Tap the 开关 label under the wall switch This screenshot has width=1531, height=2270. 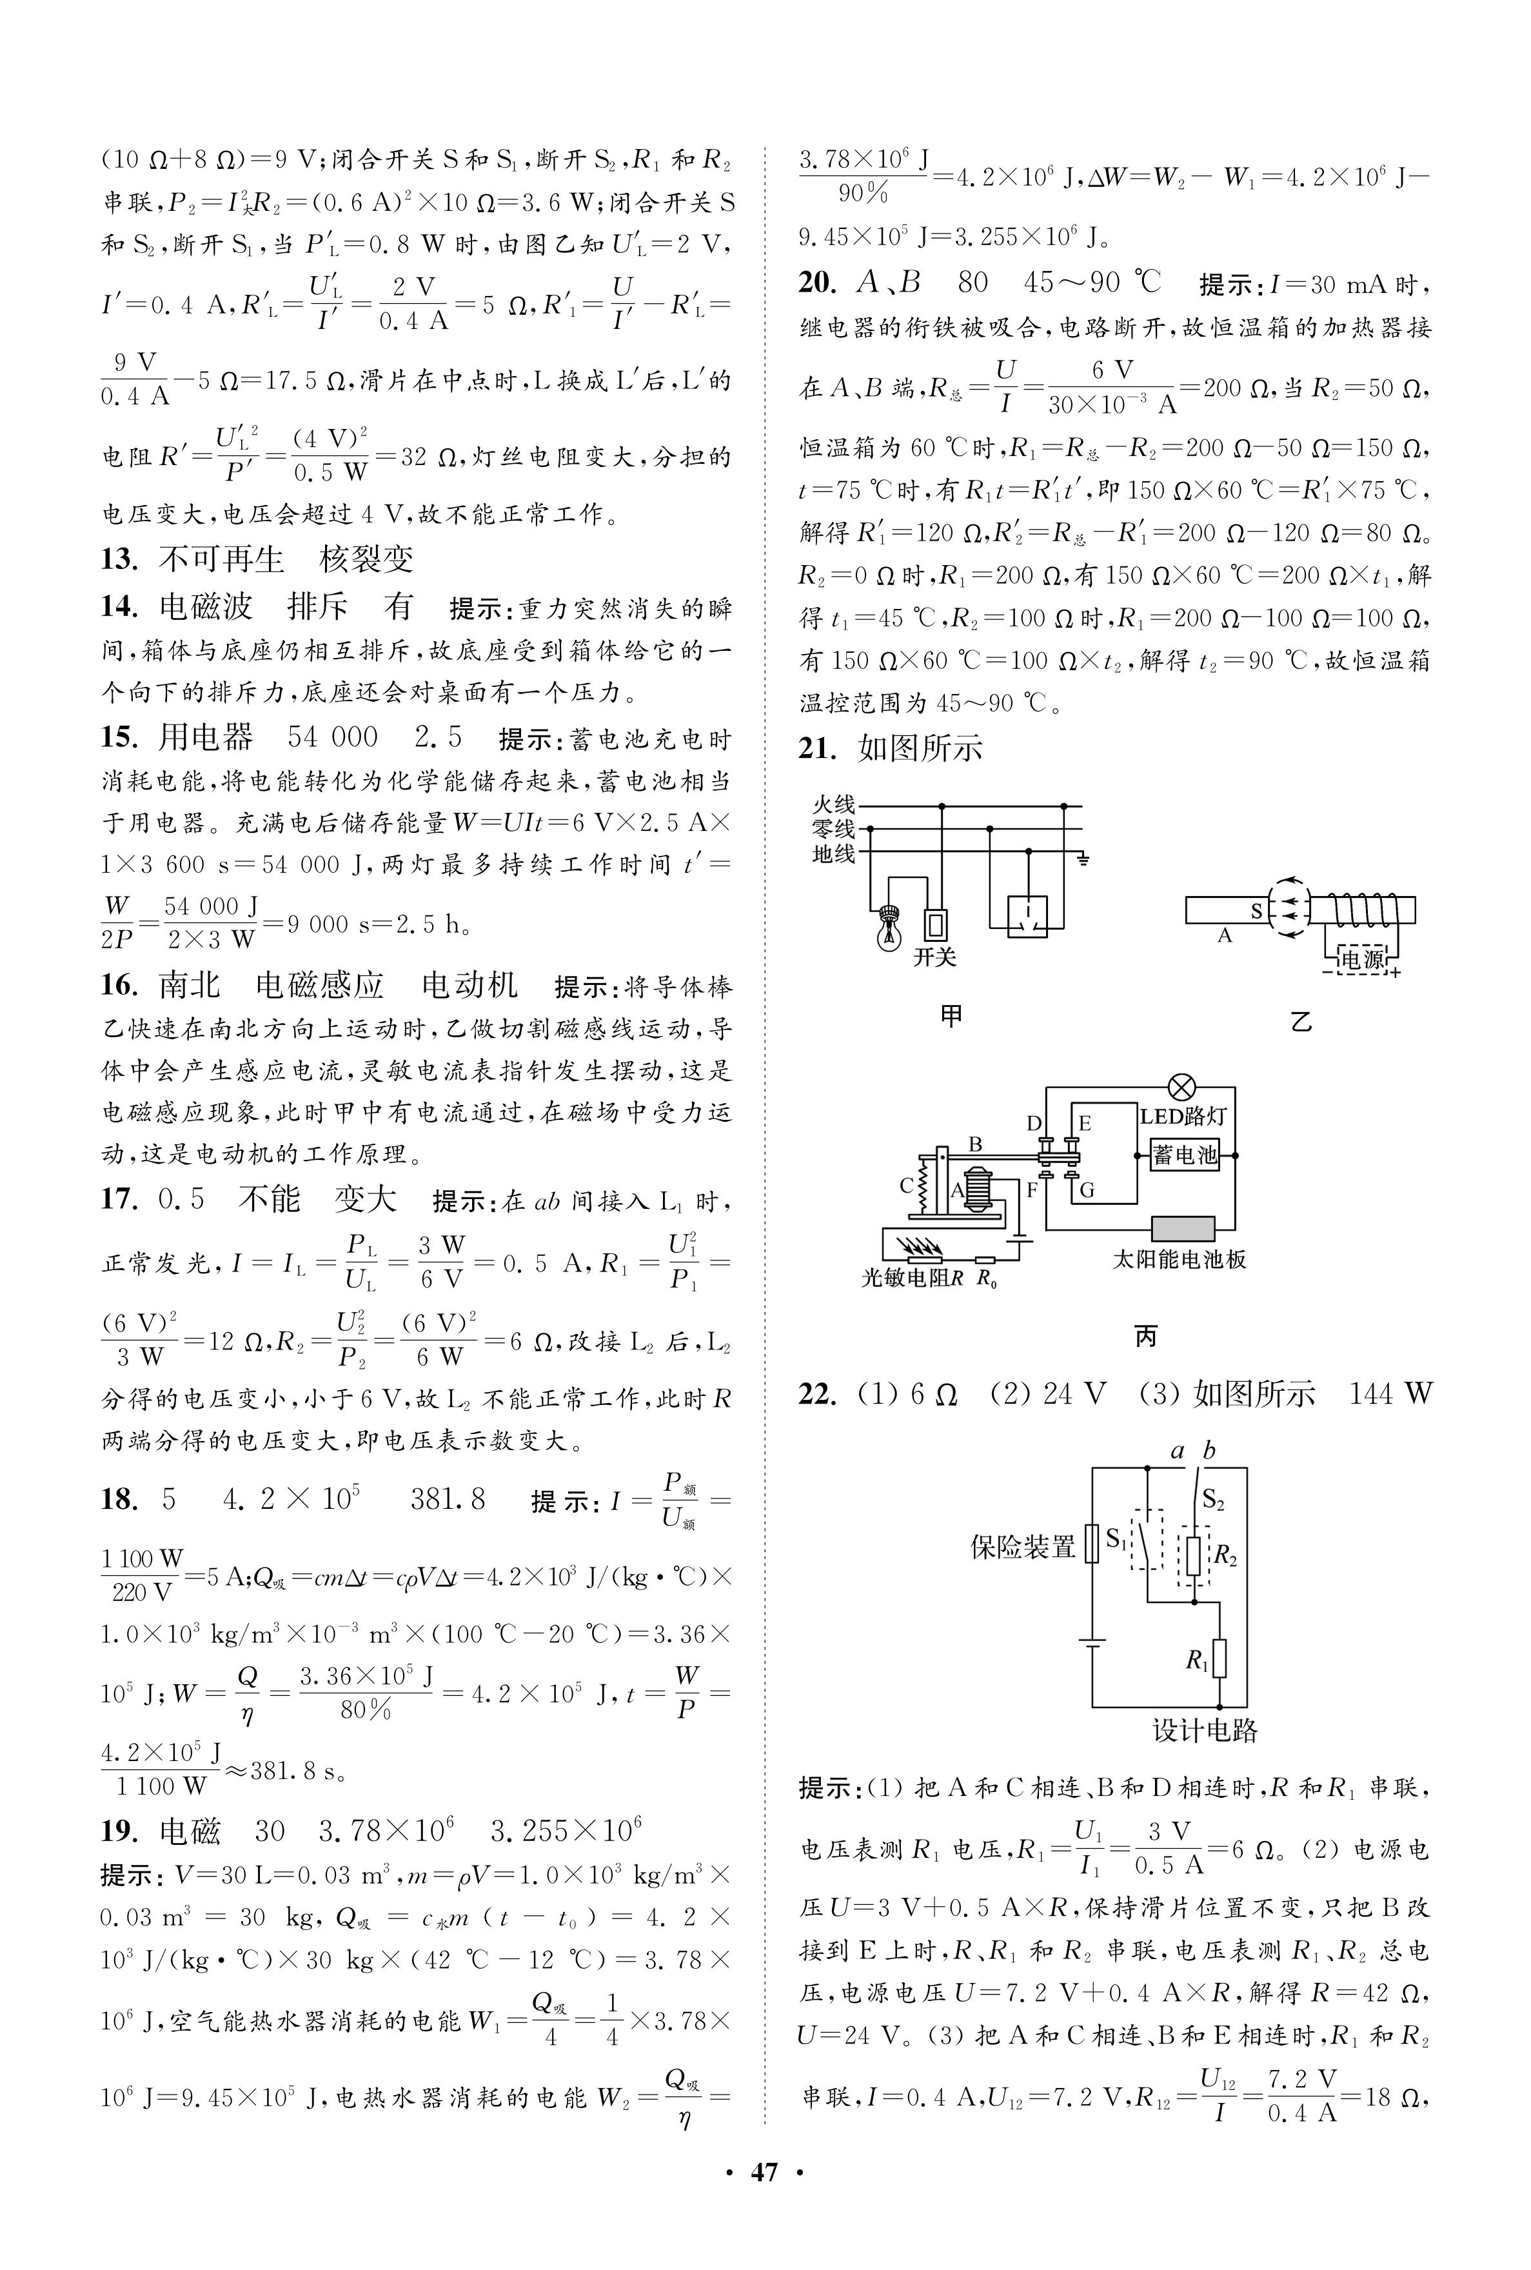coord(934,957)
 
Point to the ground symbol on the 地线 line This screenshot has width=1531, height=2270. coord(1082,859)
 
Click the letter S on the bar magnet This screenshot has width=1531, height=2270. coord(1257,911)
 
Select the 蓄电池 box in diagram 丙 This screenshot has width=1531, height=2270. coord(1185,1155)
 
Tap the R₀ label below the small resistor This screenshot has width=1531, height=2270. coord(987,1279)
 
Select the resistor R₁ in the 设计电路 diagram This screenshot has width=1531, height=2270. coord(1219,1659)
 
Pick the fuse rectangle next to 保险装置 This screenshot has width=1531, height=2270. coord(1092,1544)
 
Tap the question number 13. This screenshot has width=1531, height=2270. coord(117,559)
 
